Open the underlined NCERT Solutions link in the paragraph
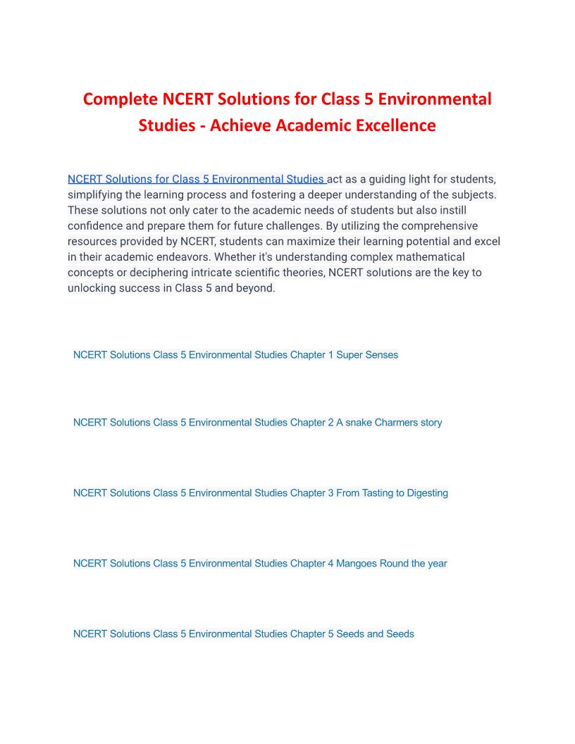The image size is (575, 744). (x=196, y=179)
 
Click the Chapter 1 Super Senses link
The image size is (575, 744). (x=235, y=355)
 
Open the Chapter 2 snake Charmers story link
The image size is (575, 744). (x=257, y=423)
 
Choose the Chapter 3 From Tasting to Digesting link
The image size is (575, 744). (x=260, y=493)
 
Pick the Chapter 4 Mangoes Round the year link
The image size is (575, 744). (x=260, y=564)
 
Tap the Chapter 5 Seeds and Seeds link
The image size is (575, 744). (x=243, y=634)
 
